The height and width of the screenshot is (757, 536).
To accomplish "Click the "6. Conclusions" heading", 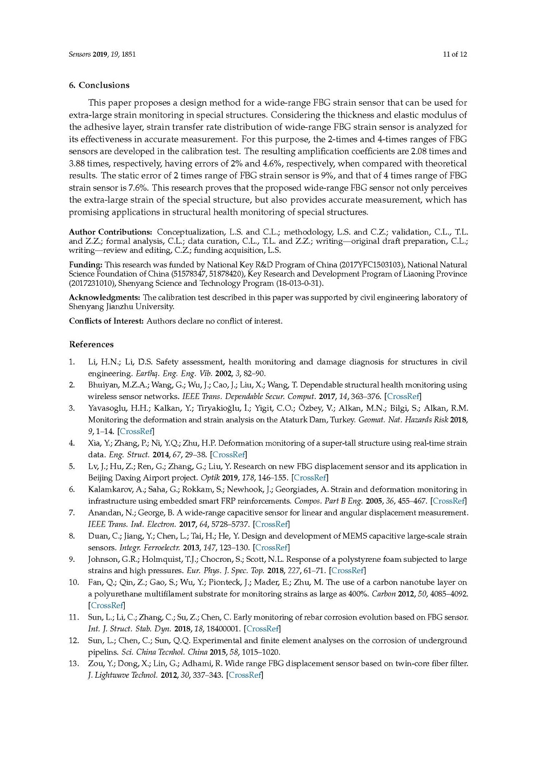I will [x=99, y=85].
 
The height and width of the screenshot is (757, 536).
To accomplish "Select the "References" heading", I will [x=91, y=345].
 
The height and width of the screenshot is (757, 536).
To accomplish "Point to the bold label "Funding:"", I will [x=86, y=265].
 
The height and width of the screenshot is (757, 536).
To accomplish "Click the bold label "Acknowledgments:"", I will [x=105, y=298].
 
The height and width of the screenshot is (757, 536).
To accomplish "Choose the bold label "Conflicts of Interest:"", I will [x=106, y=321].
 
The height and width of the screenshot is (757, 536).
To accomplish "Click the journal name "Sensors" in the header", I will [x=79, y=54].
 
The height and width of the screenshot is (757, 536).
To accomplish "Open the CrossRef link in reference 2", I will [x=403, y=397].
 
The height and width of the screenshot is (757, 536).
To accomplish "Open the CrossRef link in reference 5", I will [x=310, y=478].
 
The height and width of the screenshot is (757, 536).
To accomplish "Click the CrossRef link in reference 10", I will [x=107, y=605].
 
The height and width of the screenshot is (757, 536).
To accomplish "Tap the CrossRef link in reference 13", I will [x=245, y=675].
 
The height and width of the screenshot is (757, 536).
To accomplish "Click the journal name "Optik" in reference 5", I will [x=209, y=478].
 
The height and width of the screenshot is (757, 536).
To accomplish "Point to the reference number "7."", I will [x=72, y=513].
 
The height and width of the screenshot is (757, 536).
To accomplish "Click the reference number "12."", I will [x=74, y=641].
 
